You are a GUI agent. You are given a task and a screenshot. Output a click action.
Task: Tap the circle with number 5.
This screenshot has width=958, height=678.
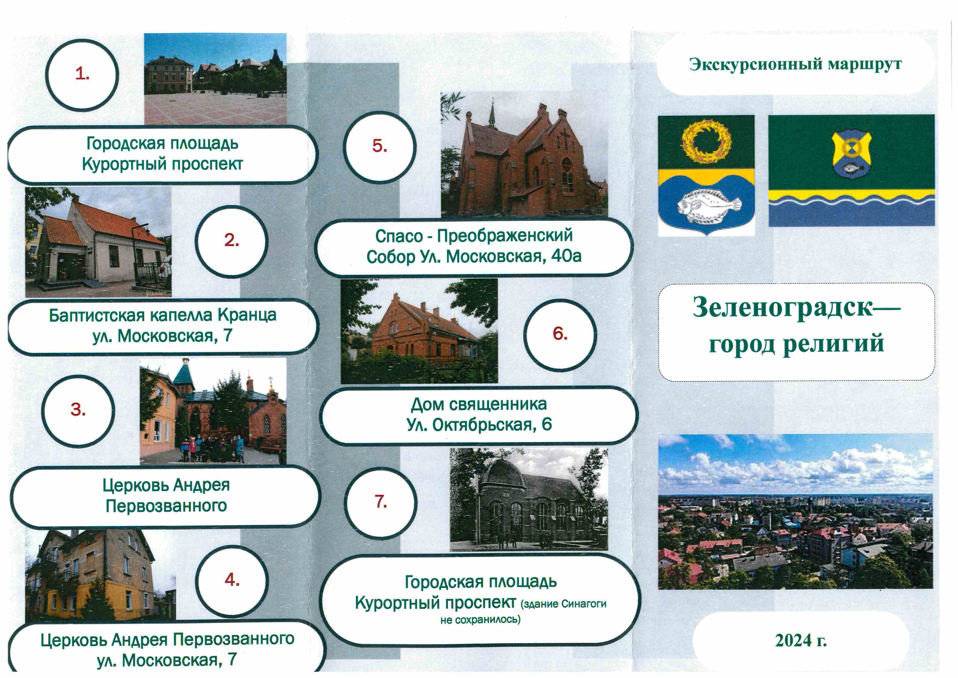coord(380,147)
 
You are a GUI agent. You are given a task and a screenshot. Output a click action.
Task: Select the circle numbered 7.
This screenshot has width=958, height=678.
coord(381,502)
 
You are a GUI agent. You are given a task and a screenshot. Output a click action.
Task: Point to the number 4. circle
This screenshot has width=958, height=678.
coord(232,581)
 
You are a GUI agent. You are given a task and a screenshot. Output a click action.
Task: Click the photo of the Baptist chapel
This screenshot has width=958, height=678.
coord(98,242)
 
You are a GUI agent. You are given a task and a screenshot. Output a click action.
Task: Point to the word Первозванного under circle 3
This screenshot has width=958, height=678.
coord(166,506)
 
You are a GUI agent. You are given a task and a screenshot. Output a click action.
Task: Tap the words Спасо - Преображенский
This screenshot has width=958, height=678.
coord(474,236)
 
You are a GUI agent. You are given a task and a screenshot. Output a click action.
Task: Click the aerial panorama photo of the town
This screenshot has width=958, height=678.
coord(795,512)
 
